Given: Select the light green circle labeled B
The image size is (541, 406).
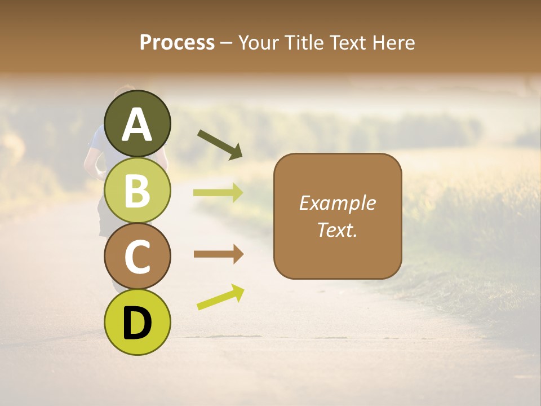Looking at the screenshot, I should [137, 190].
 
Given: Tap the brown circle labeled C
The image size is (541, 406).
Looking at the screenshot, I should [137, 256].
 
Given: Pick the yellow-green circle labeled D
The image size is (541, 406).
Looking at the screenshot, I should [137, 322].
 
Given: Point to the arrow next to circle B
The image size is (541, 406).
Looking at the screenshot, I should [218, 193].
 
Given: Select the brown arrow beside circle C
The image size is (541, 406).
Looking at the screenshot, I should [218, 254].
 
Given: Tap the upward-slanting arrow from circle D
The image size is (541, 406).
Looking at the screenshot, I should [220, 297].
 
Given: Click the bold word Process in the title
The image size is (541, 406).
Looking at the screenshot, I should [177, 43].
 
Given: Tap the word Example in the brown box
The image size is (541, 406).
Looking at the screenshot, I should [337, 203].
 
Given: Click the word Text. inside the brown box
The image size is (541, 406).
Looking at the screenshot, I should [337, 230].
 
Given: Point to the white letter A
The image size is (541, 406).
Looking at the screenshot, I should [137, 125].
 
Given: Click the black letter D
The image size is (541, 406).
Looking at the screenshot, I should [137, 323].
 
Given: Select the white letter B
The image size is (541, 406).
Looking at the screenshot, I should [137, 191].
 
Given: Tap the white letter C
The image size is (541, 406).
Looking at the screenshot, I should [137, 257].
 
